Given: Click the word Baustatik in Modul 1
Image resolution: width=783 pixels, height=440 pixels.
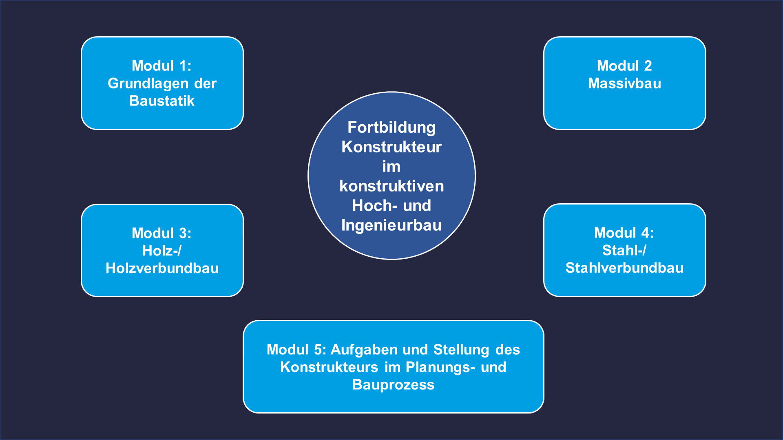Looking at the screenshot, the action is (x=162, y=101).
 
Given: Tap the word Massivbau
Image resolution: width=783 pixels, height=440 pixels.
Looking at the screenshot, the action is (x=624, y=83).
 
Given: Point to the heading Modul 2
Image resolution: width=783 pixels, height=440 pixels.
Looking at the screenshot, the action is (x=624, y=66).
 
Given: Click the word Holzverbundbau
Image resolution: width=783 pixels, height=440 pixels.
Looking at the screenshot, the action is (x=162, y=268).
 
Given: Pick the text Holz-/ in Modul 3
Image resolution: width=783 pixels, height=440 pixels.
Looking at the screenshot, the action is (x=162, y=251).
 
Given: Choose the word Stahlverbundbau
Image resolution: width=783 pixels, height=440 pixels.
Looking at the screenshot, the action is (x=624, y=268).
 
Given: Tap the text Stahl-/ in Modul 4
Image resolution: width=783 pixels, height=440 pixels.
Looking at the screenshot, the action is (x=624, y=250).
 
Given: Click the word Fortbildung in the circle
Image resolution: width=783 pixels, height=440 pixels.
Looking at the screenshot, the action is (x=391, y=128).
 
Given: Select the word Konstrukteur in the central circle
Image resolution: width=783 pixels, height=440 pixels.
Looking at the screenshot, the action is (x=391, y=147).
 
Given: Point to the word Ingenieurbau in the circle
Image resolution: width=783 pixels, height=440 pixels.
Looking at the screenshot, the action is (x=391, y=226).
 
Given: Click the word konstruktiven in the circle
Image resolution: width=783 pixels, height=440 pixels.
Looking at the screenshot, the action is (x=391, y=186).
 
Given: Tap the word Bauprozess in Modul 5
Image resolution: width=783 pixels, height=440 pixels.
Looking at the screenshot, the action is (x=393, y=385).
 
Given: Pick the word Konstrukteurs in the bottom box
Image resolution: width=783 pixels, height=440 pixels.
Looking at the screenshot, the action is (x=329, y=367).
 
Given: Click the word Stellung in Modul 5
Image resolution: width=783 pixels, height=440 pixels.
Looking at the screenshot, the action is (x=461, y=350).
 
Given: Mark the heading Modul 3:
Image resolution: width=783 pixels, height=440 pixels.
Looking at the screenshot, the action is (x=161, y=233).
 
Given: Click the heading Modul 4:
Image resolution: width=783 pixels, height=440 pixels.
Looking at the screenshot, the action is (x=624, y=233).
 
